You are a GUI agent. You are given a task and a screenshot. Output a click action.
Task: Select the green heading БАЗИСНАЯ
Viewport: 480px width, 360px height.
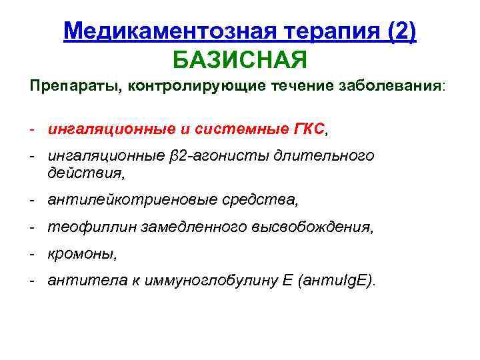240,61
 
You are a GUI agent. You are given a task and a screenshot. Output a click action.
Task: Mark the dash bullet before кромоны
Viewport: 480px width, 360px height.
32,254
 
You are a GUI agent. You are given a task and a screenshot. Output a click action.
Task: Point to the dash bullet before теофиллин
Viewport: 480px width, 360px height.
32,227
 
